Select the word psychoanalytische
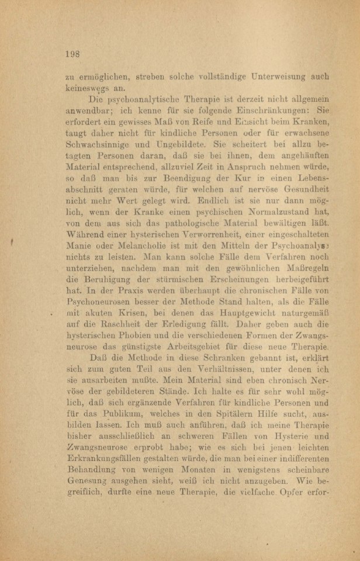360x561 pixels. (x=132, y=100)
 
